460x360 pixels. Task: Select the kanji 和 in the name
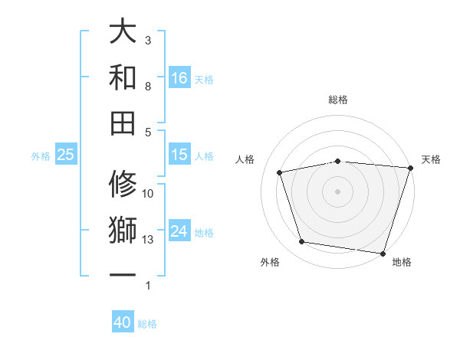click(123, 77)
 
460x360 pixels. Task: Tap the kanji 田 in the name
click(123, 123)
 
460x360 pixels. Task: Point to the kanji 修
click(123, 185)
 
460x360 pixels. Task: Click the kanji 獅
click(123, 231)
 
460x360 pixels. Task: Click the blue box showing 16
click(179, 77)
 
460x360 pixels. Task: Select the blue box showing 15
click(179, 155)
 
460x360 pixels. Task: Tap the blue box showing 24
click(179, 231)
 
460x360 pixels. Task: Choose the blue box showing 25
click(65, 155)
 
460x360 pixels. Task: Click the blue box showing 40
click(123, 323)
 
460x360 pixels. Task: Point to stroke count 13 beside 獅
click(148, 240)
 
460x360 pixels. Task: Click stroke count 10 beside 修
click(148, 194)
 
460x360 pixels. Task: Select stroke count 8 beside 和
click(148, 86)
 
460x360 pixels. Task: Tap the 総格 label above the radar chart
click(337, 100)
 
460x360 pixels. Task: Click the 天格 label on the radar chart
click(431, 159)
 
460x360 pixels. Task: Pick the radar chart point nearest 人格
click(280, 172)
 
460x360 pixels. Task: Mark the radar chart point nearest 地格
click(382, 253)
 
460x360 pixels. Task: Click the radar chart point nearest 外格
click(302, 242)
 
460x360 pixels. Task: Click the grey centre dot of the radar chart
click(337, 191)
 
